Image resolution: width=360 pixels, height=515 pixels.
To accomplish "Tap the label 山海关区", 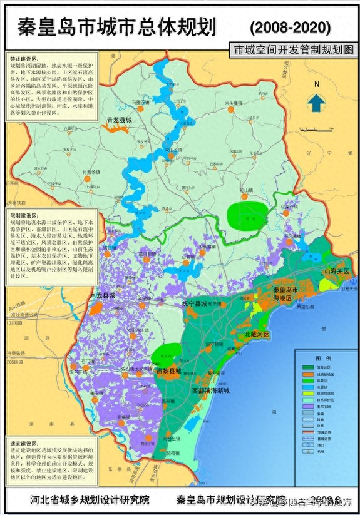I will click(336, 272).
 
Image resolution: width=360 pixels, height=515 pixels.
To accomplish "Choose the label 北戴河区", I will click(257, 335).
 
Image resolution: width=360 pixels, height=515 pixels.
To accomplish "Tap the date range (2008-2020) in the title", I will click(290, 27).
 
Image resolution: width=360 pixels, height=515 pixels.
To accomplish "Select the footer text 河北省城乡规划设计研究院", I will click(90, 500).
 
